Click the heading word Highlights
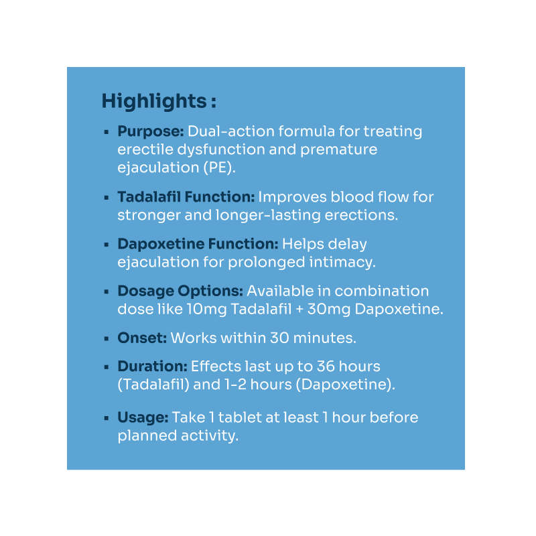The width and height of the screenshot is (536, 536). (154, 102)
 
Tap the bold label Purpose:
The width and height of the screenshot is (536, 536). (151, 131)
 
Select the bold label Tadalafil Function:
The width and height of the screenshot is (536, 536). (186, 197)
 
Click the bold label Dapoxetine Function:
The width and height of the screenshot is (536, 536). (198, 244)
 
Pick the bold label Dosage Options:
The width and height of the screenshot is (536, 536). (180, 291)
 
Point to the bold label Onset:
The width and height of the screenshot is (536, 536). (142, 338)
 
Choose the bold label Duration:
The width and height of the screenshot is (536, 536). (153, 366)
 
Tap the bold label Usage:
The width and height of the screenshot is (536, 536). (143, 417)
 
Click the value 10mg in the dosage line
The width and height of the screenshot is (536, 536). (207, 310)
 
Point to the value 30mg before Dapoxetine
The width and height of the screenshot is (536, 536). (329, 310)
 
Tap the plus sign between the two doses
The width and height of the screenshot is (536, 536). (299, 310)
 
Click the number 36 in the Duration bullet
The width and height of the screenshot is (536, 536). (326, 366)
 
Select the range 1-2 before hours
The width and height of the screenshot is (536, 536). (236, 385)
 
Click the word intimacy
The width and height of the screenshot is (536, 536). (342, 263)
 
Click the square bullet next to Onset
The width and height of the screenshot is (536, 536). (107, 339)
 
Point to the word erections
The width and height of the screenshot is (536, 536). (361, 215)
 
